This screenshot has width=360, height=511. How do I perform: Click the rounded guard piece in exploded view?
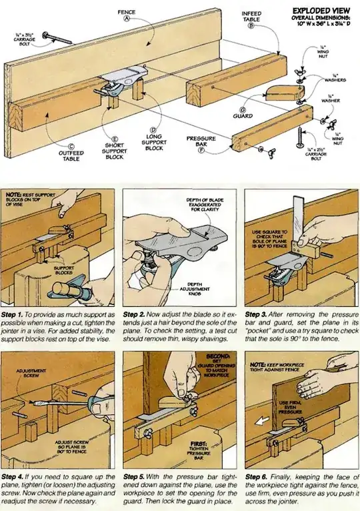(280, 91)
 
